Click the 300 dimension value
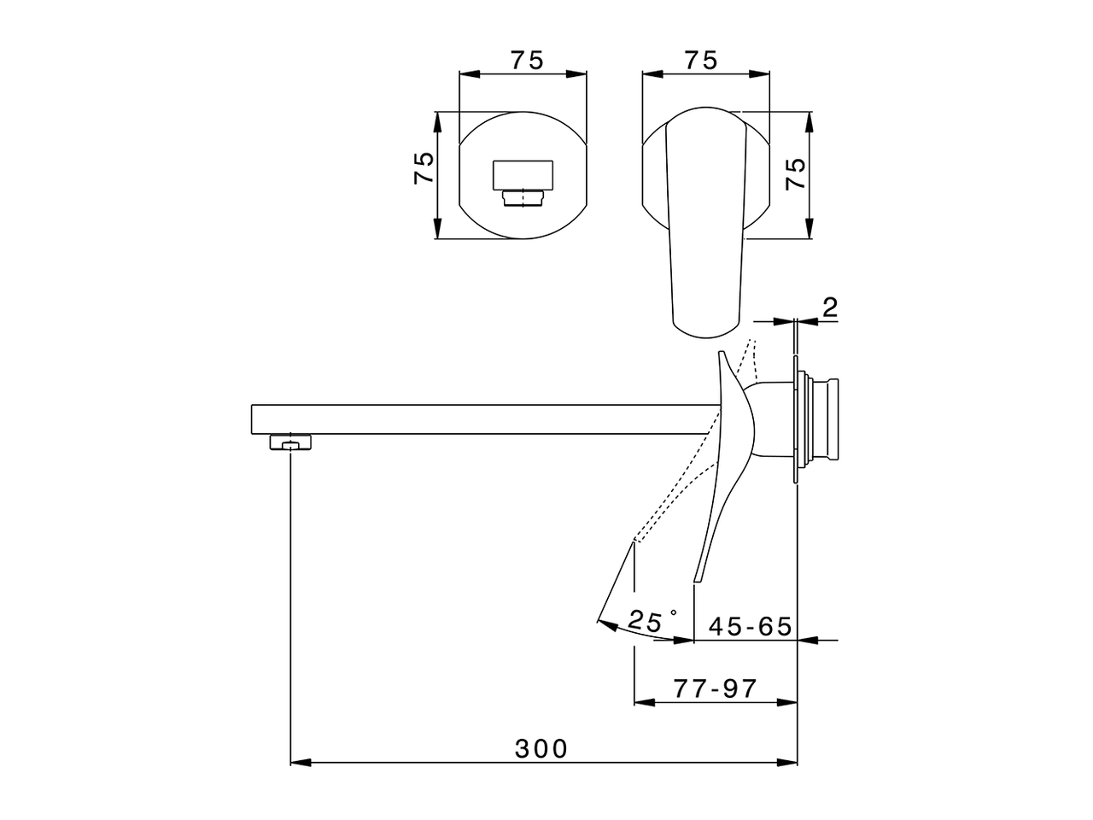pyautogui.click(x=541, y=749)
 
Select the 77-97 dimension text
pyautogui.click(x=715, y=688)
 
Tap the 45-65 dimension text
pyautogui.click(x=751, y=626)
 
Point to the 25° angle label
pyautogui.click(x=652, y=621)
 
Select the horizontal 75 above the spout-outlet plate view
pyautogui.click(x=527, y=61)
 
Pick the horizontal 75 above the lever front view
pyautogui.click(x=700, y=61)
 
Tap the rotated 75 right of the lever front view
pyautogui.click(x=795, y=174)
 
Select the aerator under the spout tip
pyautogui.click(x=291, y=442)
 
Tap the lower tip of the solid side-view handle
pyautogui.click(x=697, y=578)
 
